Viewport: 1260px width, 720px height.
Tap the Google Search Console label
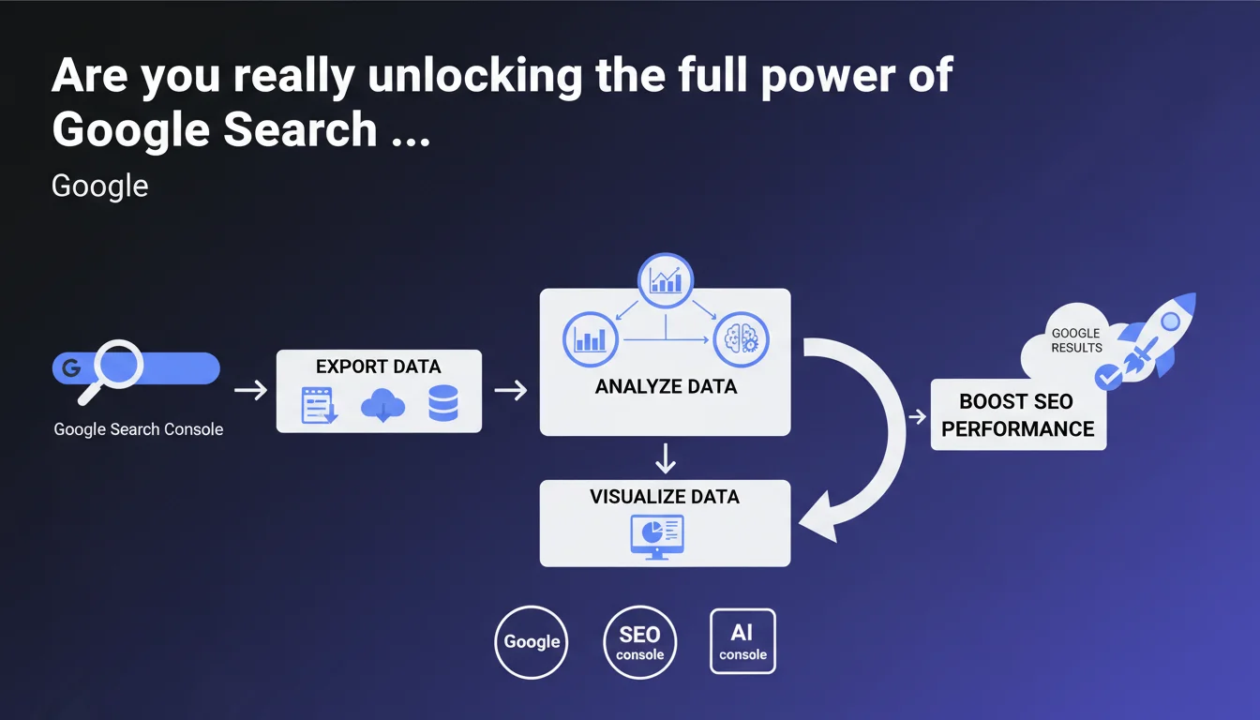coord(139,429)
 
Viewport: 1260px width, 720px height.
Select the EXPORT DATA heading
coord(378,366)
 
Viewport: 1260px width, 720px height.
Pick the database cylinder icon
coord(442,405)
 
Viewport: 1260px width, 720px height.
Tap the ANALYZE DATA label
coord(666,386)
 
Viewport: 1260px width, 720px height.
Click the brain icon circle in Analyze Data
coord(741,338)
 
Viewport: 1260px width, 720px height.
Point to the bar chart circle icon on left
coord(591,338)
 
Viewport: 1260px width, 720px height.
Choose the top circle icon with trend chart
coord(666,280)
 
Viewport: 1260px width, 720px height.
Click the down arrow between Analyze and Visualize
coord(666,458)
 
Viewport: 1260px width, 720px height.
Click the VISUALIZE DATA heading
coord(665,497)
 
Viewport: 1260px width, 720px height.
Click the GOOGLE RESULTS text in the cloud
coord(1076,340)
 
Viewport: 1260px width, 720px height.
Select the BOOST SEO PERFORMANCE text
coord(1017,415)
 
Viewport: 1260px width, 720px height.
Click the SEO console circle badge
coord(640,642)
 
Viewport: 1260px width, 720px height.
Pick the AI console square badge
coord(742,641)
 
